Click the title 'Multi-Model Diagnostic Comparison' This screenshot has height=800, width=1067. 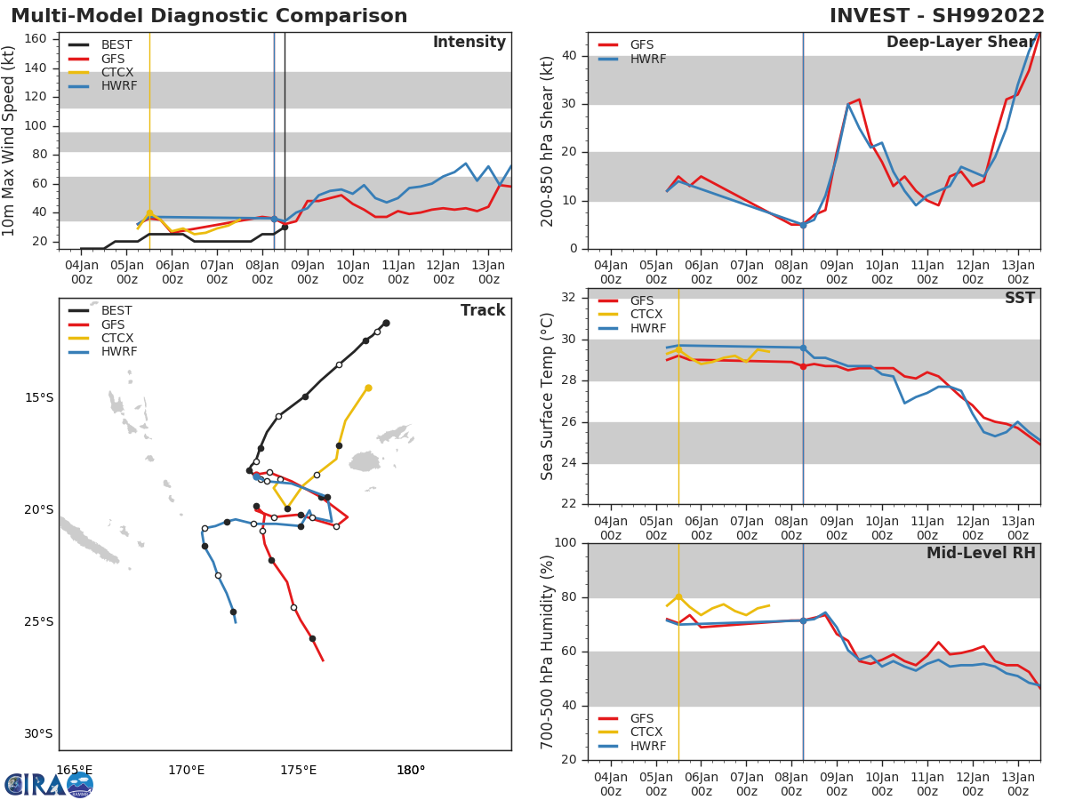[x=209, y=16]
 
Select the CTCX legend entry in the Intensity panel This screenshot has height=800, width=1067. [x=116, y=72]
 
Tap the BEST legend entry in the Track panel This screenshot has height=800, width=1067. [x=116, y=310]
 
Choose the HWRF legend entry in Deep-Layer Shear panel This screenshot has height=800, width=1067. [x=646, y=59]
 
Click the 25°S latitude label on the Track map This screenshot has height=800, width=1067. [x=38, y=621]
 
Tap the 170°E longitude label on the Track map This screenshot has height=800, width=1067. [x=187, y=770]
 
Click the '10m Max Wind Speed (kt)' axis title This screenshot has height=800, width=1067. [x=10, y=140]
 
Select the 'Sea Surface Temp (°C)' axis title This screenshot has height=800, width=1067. [x=548, y=396]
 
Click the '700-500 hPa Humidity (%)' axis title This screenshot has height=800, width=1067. [x=548, y=652]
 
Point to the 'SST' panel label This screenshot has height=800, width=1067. [x=1019, y=299]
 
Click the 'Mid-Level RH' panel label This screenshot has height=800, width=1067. [x=981, y=553]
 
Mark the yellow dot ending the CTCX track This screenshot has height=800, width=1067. [x=368, y=388]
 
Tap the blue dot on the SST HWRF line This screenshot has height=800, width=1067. [x=803, y=348]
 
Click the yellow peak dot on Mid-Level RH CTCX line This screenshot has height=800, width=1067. [x=678, y=596]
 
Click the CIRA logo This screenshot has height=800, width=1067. [x=49, y=784]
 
